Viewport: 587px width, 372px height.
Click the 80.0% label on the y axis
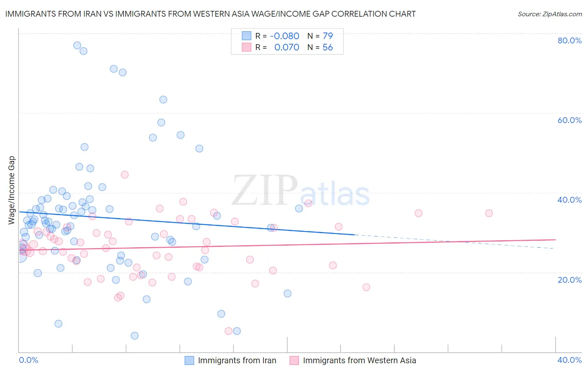coord(569,40)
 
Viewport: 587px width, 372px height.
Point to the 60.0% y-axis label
coord(569,120)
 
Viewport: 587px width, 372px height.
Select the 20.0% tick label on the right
coord(569,280)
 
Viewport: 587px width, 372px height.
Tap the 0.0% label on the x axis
coord(28,360)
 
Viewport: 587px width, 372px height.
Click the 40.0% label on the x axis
coord(569,360)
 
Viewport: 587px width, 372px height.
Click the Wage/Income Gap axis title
coord(12,190)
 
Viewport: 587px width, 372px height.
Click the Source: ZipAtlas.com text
coord(549,14)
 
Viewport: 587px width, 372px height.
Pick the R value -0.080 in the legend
coord(284,36)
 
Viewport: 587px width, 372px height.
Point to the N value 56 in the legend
coord(328,48)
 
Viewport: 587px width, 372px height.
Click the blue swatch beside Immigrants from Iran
coord(190,360)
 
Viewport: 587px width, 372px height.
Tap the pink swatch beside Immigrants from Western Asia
coord(294,360)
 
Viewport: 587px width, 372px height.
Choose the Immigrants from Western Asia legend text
coord(359,360)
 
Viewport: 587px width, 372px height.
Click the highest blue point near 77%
coord(77,45)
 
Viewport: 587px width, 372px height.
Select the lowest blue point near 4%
coord(134,336)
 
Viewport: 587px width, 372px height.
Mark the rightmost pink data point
coord(489,213)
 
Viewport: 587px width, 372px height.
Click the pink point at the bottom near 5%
coord(228,331)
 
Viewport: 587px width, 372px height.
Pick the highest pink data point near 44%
coord(124,175)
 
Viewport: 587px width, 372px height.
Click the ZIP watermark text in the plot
coord(265,191)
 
